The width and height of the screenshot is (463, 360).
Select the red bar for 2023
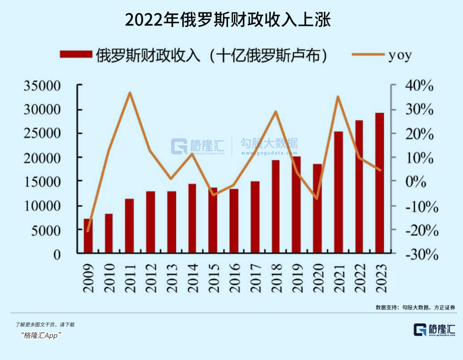click(x=380, y=183)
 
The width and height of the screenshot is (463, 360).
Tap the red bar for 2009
click(x=88, y=236)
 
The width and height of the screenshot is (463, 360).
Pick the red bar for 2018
click(x=275, y=207)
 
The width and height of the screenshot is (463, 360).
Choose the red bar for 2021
click(x=338, y=192)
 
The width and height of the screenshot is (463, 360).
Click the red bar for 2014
click(x=192, y=218)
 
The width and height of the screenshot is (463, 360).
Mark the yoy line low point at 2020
click(x=317, y=199)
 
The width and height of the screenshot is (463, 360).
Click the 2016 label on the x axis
click(x=234, y=278)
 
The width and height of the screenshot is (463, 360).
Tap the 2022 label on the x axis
click(x=359, y=278)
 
